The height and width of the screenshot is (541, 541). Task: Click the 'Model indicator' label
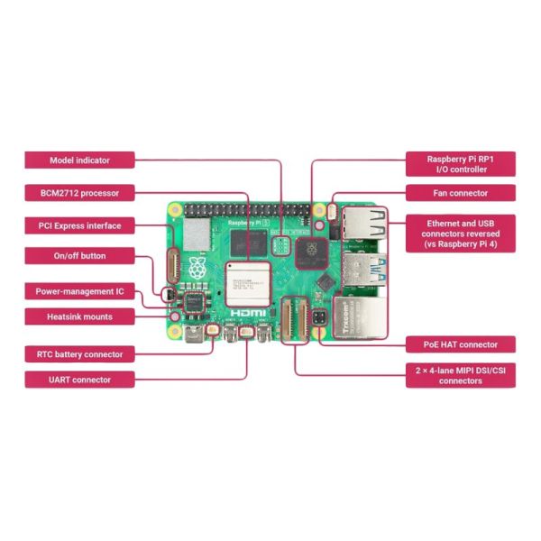click(x=79, y=160)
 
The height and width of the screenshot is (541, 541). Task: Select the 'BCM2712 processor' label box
click(x=79, y=192)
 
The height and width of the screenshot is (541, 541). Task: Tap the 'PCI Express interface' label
click(x=79, y=225)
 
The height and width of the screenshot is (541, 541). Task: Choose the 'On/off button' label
click(x=79, y=256)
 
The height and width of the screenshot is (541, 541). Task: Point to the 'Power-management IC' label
click(x=79, y=291)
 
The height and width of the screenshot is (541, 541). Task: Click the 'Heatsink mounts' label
click(x=79, y=316)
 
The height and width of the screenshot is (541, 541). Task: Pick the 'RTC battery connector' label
click(x=79, y=354)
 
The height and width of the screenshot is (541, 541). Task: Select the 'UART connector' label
click(x=79, y=380)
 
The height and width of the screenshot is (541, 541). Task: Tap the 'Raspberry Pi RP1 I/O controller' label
click(x=460, y=163)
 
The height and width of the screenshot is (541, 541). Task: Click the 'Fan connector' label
click(x=460, y=193)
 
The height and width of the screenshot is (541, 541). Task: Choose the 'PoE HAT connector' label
click(x=460, y=344)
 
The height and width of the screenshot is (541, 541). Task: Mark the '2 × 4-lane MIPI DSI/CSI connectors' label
click(x=460, y=375)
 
